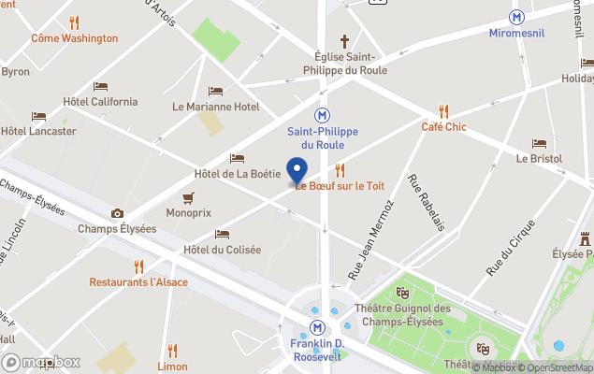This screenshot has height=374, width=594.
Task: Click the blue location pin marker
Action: pos(297,172)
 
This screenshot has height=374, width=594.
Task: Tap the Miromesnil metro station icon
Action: pos(516,17)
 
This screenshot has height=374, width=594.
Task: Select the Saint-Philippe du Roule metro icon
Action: pos(322,114)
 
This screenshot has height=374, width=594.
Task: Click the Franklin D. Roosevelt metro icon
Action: pos(318,327)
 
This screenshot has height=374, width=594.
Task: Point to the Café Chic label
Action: pos(443,126)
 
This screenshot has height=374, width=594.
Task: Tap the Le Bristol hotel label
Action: pos(539,158)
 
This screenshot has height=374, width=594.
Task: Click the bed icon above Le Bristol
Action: pos(539,143)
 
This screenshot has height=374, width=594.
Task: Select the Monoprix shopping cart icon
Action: pos(188,197)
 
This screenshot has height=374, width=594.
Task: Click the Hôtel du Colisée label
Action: pos(222,249)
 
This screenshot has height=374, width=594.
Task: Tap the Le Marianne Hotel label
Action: pos(216,107)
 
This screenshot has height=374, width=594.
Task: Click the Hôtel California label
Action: pos(100,101)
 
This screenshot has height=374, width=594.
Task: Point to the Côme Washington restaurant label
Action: pos(75,38)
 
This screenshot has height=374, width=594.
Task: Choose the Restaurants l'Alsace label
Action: pos(138,281)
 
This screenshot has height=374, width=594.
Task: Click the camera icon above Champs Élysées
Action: pos(117,213)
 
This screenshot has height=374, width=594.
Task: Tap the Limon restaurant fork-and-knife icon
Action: pos(171,352)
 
